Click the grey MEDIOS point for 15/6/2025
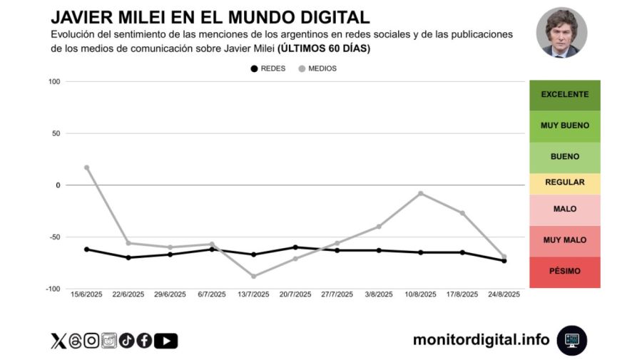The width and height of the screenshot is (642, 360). click(x=87, y=168)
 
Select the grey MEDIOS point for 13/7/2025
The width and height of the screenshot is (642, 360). click(x=254, y=276)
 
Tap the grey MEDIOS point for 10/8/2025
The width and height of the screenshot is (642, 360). click(x=421, y=193)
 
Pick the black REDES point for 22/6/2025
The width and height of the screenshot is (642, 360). click(x=128, y=257)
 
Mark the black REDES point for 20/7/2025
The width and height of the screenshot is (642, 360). click(x=295, y=247)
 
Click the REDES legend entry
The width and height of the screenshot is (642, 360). click(x=268, y=68)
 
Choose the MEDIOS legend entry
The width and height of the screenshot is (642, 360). click(x=317, y=68)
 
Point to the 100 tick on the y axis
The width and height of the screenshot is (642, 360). click(x=53, y=82)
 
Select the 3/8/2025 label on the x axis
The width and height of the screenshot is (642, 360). click(x=379, y=294)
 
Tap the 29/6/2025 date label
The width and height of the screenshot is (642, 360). click(x=170, y=294)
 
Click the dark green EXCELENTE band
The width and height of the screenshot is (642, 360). click(x=564, y=95)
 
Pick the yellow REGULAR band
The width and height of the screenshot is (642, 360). click(x=564, y=182)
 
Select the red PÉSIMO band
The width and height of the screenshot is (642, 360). click(x=564, y=272)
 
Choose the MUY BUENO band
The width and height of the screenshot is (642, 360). click(x=564, y=125)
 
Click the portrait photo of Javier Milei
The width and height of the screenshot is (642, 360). click(x=561, y=33)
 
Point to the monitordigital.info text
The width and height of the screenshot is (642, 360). click(x=481, y=340)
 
